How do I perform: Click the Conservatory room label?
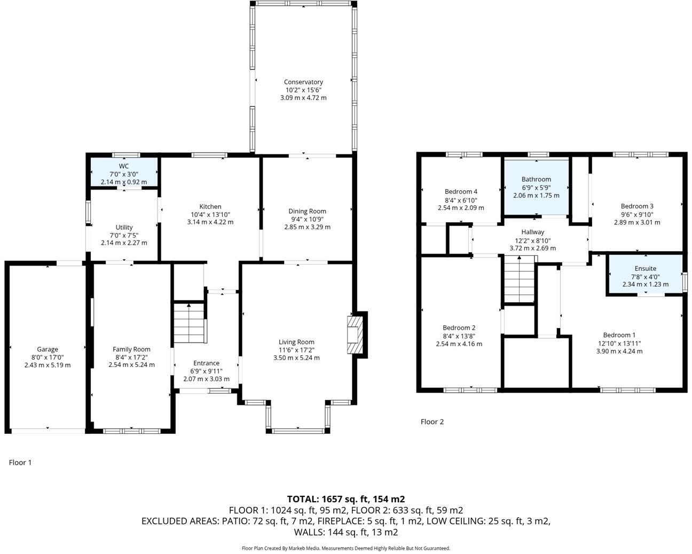pos(303,82)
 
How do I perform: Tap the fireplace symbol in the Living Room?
pos(354,335)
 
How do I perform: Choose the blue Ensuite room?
pos(645,274)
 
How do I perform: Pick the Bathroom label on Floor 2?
pos(536,180)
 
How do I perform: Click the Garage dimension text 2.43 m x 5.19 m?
pos(48,365)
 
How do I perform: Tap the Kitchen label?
pos(210,206)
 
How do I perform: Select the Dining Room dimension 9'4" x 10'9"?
pos(307,219)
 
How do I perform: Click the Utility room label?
pos(124,227)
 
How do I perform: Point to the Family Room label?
pos(131,349)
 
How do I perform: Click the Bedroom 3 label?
pos(636,206)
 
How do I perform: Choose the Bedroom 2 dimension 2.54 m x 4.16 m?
pos(459,344)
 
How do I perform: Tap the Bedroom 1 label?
pos(619,335)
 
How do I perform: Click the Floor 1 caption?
pos(20,463)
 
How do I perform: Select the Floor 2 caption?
pos(432,422)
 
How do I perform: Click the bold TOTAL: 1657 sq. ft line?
pos(345,499)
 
